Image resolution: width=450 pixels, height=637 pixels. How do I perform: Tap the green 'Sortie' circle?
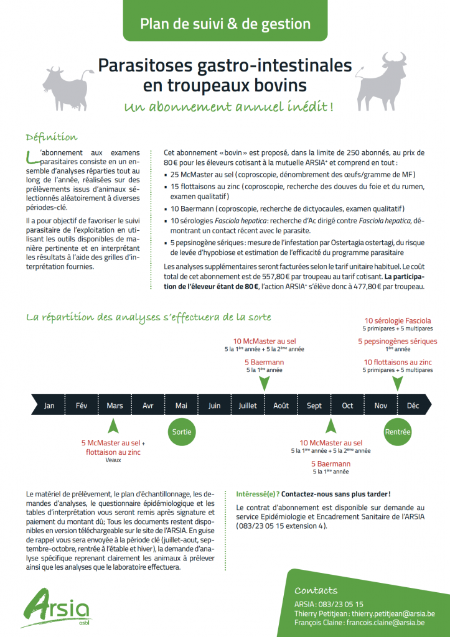click(x=181, y=432)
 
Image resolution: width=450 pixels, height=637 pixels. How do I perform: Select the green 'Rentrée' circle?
click(x=398, y=432)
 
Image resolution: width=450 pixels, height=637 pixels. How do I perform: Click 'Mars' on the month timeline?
click(x=115, y=406)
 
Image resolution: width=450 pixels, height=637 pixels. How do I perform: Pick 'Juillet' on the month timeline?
click(x=248, y=406)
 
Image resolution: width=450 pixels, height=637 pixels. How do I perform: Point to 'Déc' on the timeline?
click(x=413, y=406)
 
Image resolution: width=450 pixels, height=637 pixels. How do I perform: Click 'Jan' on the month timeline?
click(x=49, y=406)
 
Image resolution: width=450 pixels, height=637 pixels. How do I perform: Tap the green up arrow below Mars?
click(x=113, y=426)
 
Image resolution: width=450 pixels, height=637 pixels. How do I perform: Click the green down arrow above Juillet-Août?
click(x=264, y=384)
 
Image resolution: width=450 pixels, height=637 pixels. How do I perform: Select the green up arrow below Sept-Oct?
click(x=330, y=426)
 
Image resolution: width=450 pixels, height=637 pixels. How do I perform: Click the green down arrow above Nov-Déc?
click(x=398, y=384)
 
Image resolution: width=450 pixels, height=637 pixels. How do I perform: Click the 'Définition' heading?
click(x=52, y=137)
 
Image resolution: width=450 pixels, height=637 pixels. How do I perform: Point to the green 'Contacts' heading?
click(x=316, y=590)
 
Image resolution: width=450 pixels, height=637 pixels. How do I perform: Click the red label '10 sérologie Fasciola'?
click(x=398, y=321)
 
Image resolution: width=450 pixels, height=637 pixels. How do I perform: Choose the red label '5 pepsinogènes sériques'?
click(x=398, y=341)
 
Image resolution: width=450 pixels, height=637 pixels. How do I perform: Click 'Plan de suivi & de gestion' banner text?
click(x=225, y=24)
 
